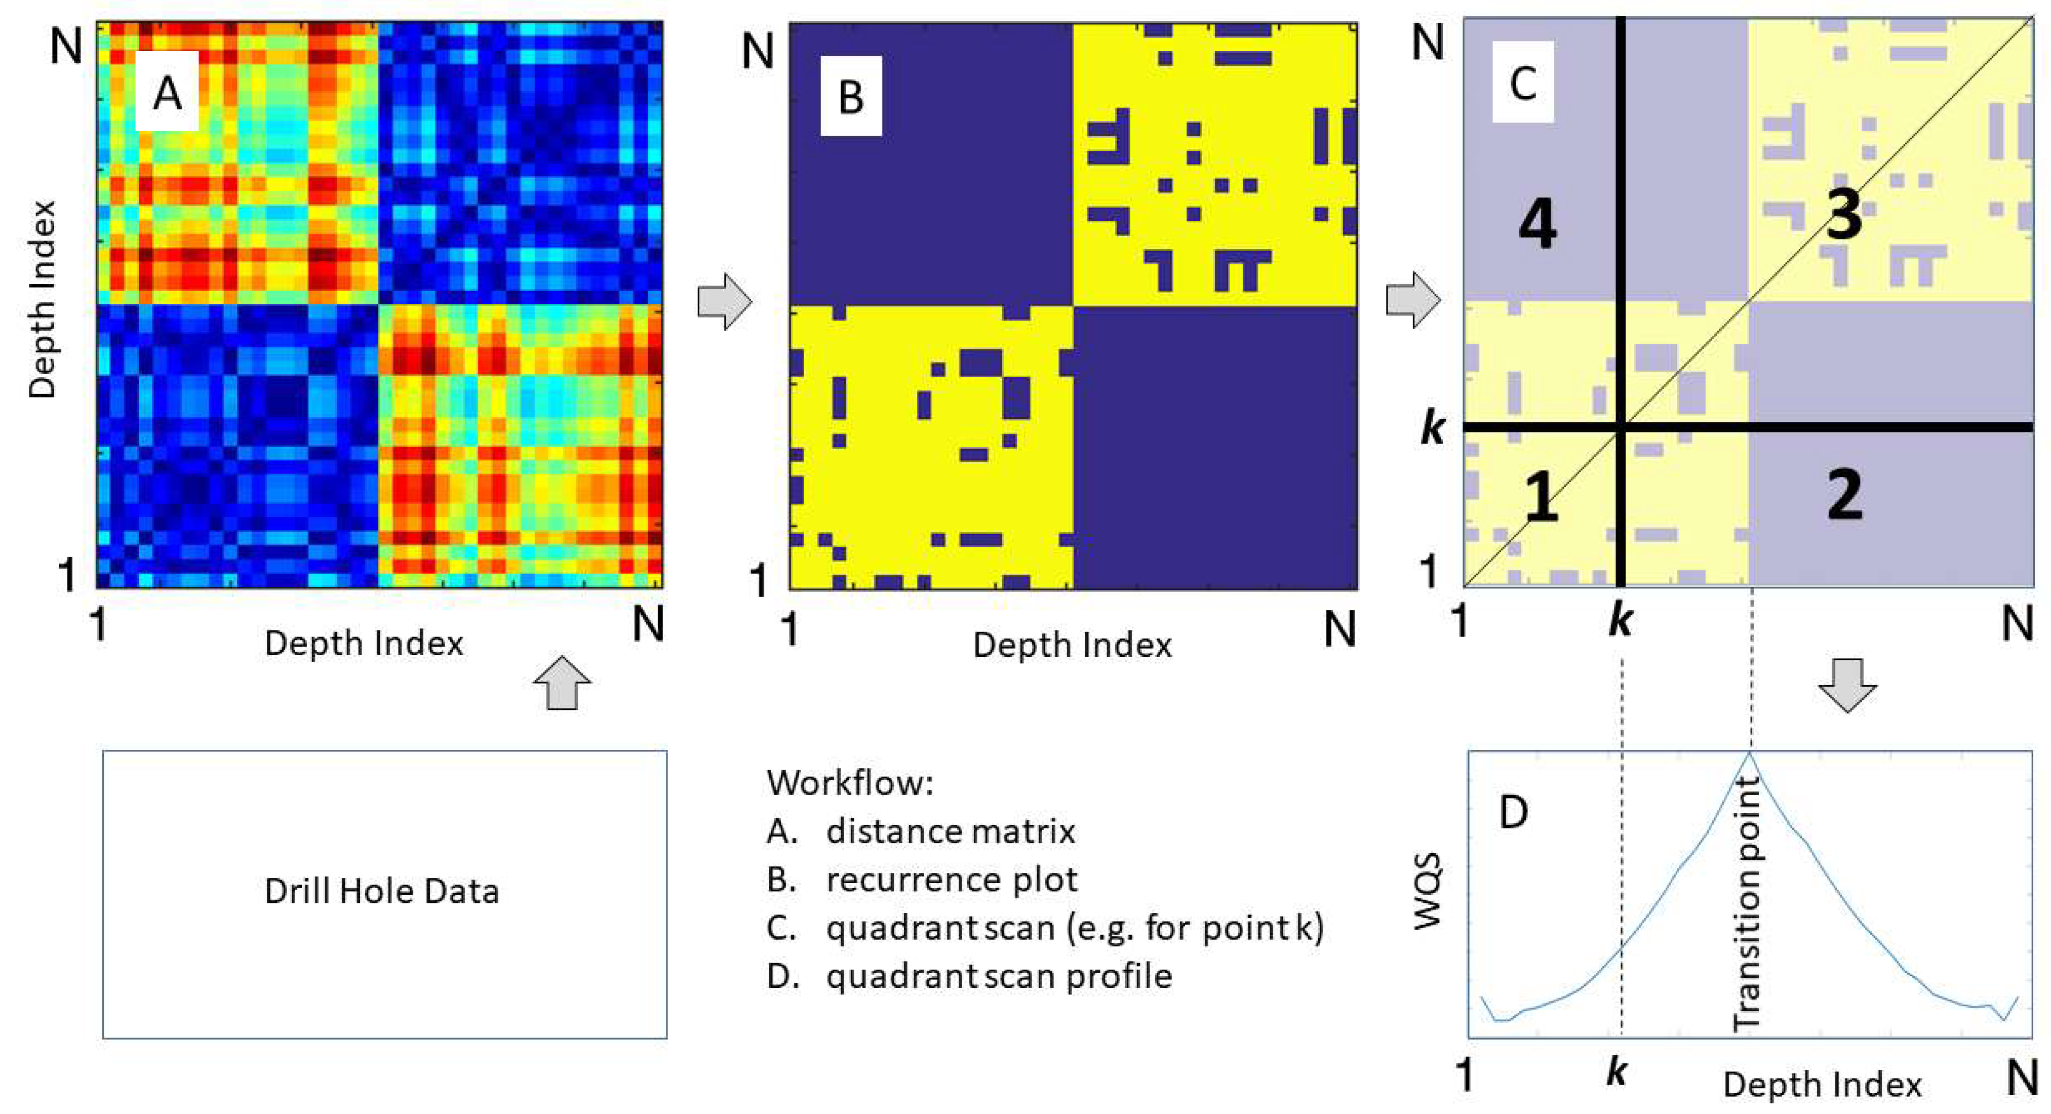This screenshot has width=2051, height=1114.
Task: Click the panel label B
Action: point(850,97)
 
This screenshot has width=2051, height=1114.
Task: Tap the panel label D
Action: point(1513,812)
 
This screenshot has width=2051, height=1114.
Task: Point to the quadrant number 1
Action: point(1542,500)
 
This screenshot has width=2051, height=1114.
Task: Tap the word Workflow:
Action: point(850,783)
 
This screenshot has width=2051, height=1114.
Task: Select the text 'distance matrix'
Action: point(950,831)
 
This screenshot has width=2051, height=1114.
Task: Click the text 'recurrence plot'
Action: point(952,880)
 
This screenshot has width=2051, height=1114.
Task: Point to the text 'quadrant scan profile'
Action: point(999,976)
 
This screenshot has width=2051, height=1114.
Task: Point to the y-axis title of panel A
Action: point(42,299)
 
